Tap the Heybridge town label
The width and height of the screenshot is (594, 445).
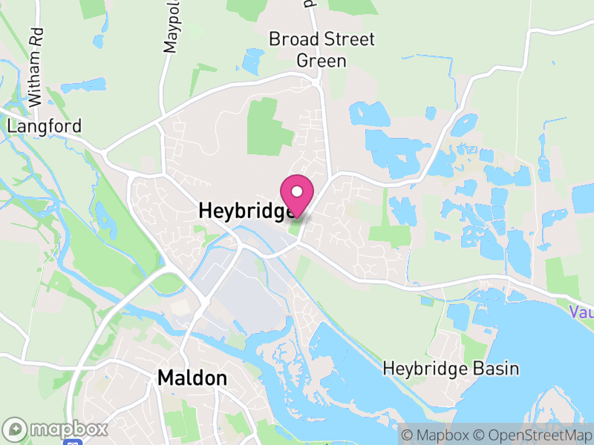[x=245, y=211]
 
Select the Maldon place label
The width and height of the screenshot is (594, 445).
[x=192, y=378]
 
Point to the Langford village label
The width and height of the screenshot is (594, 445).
[x=44, y=126]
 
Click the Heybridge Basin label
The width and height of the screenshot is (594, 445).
[x=451, y=369]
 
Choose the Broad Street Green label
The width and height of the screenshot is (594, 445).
[x=322, y=49]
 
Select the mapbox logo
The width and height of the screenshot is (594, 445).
[x=56, y=429]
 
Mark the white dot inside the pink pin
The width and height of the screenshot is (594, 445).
[x=297, y=191]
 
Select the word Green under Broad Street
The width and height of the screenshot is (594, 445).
[x=322, y=60]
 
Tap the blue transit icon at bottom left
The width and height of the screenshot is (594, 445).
[x=73, y=442]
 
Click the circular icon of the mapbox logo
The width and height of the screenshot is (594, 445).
[x=16, y=429]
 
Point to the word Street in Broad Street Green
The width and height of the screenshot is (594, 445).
[x=345, y=39]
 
